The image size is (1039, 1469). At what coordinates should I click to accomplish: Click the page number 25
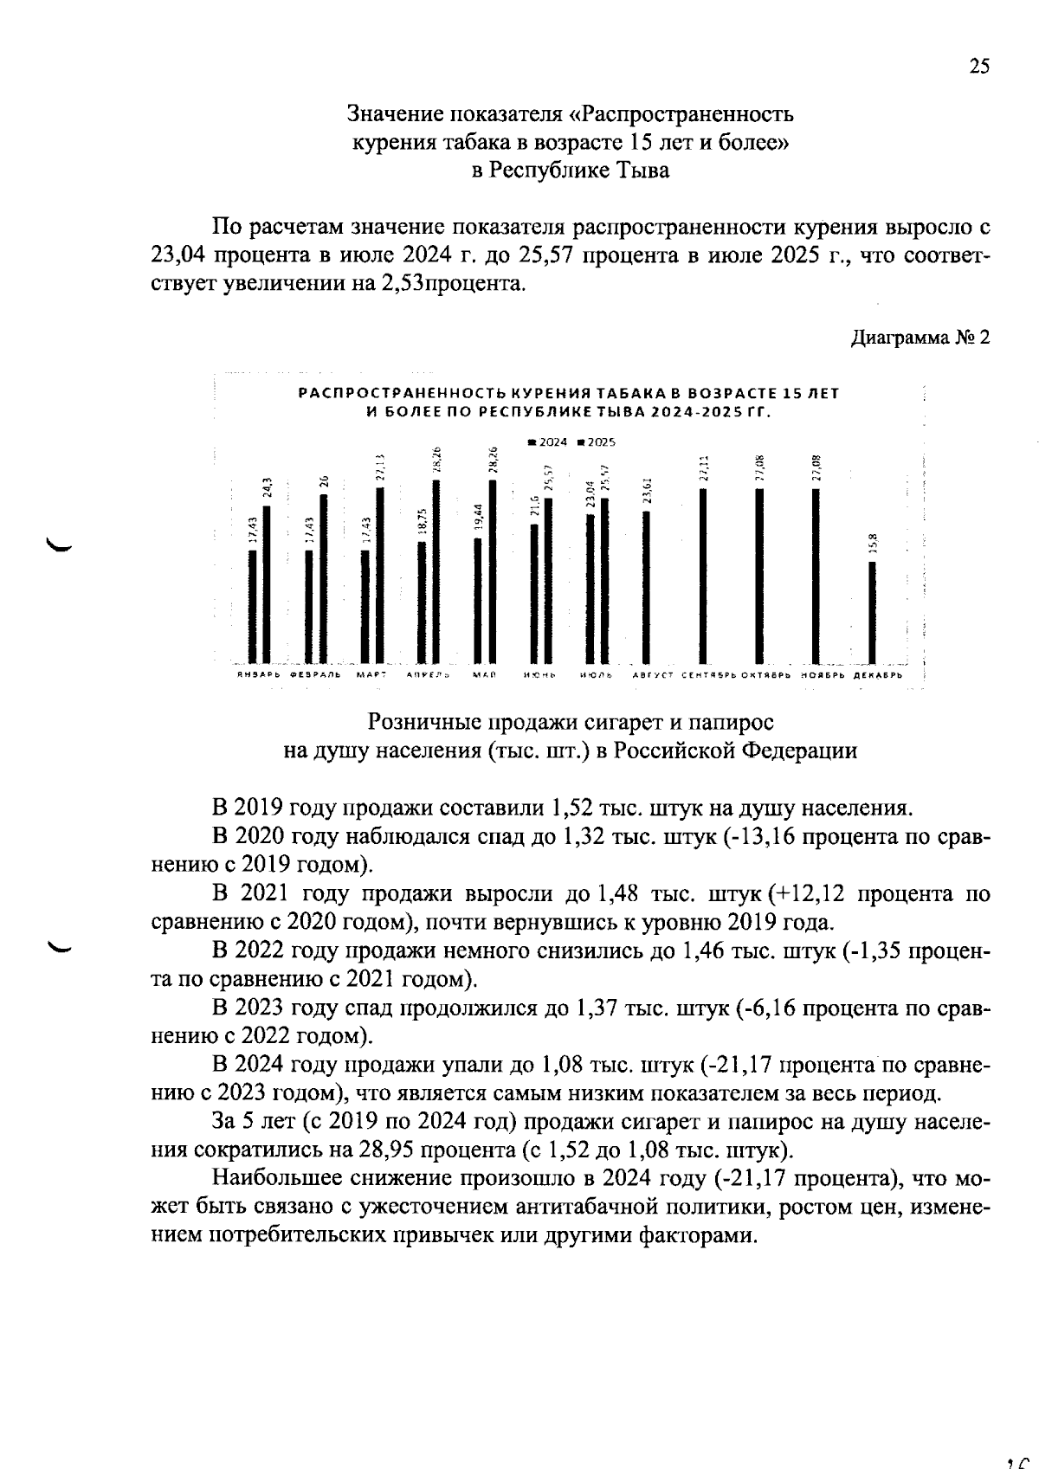(978, 67)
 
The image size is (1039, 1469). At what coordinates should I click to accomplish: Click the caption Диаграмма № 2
(920, 337)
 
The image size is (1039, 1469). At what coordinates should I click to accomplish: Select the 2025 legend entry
(597, 441)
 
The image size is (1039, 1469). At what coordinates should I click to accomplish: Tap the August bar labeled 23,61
(646, 586)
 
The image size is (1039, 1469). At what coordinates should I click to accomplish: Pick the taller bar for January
(267, 583)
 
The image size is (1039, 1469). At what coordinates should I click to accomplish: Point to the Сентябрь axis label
(708, 674)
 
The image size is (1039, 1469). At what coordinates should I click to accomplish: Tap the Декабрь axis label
(878, 674)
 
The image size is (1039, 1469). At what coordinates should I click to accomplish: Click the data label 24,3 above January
(268, 488)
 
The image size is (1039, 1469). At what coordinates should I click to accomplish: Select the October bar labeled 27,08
(759, 575)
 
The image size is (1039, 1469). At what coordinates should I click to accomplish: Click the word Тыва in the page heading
(648, 171)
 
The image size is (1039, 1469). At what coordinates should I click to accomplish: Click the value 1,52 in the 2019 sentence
(571, 809)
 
